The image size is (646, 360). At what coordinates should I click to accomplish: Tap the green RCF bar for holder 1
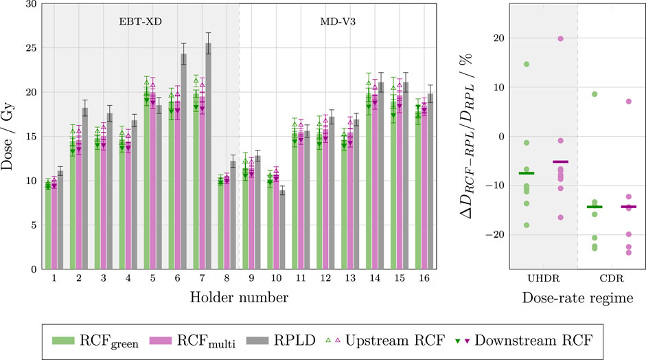coord(48,227)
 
